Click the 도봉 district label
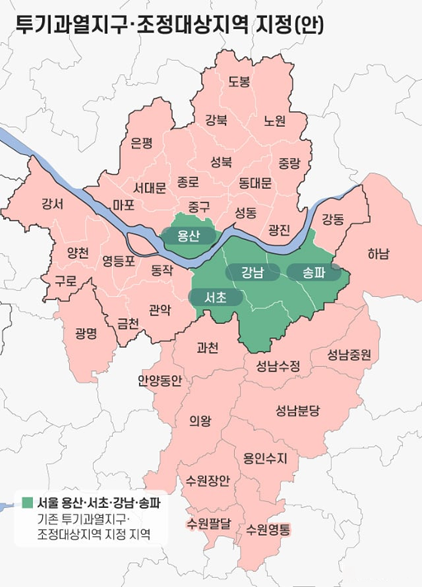pyautogui.click(x=239, y=81)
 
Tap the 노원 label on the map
pyautogui.click(x=274, y=121)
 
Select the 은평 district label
pyautogui.click(x=142, y=143)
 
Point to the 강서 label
pyautogui.click(x=51, y=204)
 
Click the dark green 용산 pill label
pyautogui.click(x=189, y=236)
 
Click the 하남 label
pyautogui.click(x=379, y=253)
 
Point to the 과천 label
pyautogui.click(x=208, y=348)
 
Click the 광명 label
pyautogui.click(x=86, y=333)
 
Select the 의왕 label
pyautogui.click(x=199, y=421)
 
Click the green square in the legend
pyautogui.click(x=27, y=502)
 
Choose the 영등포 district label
pyautogui.click(x=119, y=261)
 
